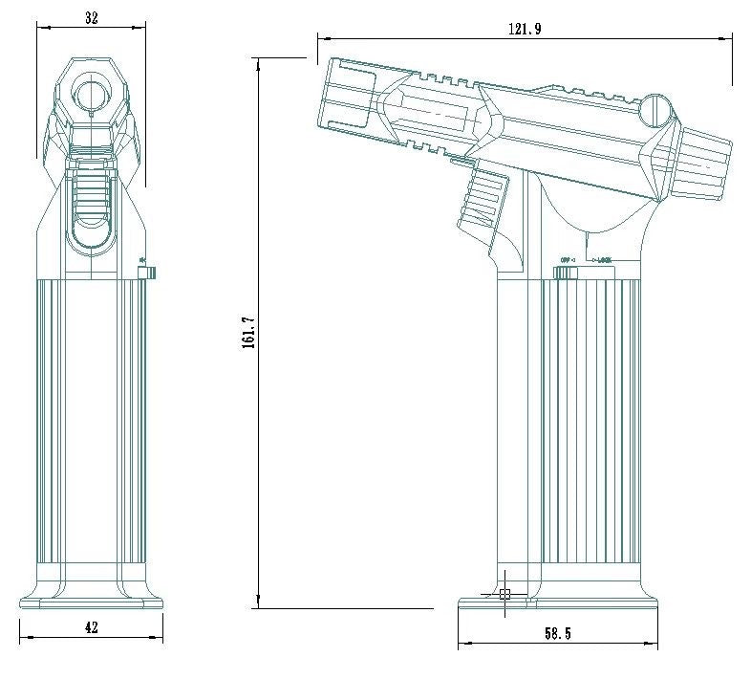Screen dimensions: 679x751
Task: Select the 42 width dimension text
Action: point(92,628)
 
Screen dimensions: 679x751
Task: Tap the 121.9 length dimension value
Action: point(524,30)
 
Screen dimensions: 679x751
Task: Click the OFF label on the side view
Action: point(566,259)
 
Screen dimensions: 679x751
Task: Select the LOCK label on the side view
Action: point(602,259)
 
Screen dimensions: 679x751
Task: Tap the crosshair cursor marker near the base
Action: point(505,594)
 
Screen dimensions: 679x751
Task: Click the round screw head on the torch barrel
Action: point(655,109)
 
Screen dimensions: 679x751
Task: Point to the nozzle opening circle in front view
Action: point(92,95)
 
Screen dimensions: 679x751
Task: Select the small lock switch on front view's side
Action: point(147,274)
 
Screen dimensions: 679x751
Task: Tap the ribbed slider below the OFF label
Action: point(566,274)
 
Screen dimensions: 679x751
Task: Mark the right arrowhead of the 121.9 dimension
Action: point(728,39)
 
